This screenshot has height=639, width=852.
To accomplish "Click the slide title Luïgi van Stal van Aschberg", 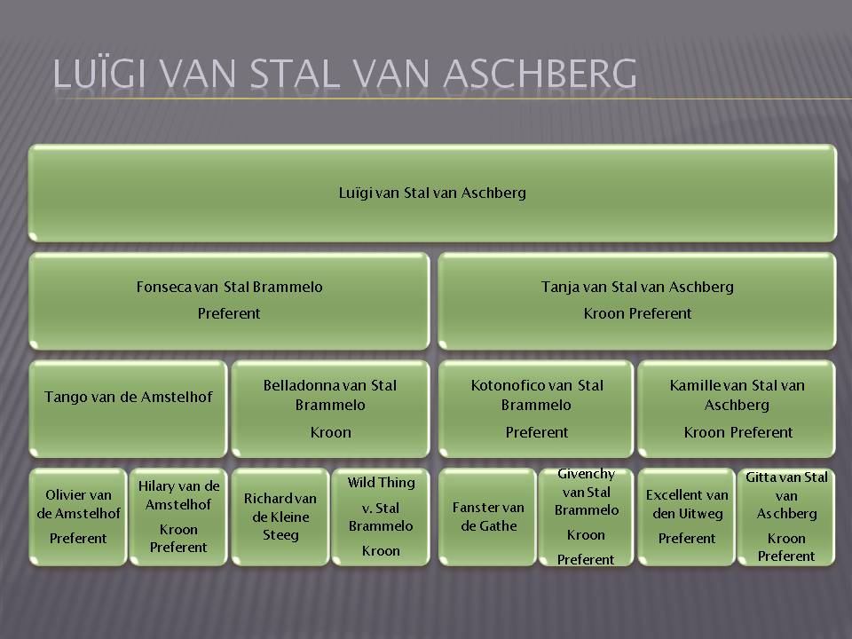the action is [x=344, y=74].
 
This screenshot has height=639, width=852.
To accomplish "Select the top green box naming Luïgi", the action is [x=432, y=193].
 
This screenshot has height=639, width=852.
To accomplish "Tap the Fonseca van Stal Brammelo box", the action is [x=229, y=301].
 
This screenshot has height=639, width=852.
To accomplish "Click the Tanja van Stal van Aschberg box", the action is [x=637, y=301].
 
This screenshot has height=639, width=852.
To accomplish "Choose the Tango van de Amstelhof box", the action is [x=128, y=408].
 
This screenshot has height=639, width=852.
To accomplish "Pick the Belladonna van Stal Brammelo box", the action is [x=330, y=408].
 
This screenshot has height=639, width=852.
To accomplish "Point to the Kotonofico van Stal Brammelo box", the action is [x=536, y=408].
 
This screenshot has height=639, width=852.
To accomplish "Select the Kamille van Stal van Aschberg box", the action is [x=737, y=408].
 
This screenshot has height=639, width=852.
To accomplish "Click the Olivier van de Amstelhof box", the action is [x=78, y=517].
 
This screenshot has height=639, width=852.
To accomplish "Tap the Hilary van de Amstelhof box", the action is [x=178, y=517].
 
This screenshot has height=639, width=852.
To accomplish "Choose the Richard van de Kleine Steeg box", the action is [x=280, y=517].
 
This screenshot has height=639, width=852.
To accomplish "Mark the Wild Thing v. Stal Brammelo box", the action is [x=381, y=517].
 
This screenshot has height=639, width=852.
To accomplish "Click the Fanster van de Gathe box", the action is [x=487, y=517].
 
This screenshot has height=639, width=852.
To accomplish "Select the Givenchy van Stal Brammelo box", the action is [x=587, y=517].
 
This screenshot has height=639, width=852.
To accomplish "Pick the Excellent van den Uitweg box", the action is [x=687, y=517].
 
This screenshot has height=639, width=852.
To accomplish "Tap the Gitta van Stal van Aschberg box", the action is [x=786, y=517].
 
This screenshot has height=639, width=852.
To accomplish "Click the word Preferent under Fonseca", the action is [x=229, y=313].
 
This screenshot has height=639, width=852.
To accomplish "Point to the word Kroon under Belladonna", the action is [x=330, y=432].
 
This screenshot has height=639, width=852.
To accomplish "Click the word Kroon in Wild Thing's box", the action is [x=381, y=551].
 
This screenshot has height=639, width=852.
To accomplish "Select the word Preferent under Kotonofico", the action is [x=537, y=432].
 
